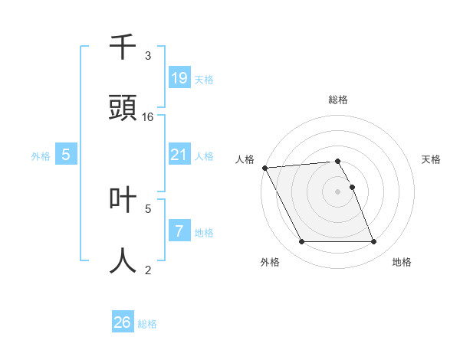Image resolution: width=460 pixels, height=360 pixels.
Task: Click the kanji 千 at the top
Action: point(123,47)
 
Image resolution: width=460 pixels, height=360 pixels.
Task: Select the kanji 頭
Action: point(123,108)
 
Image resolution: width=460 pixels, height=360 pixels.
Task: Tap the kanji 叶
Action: point(123,199)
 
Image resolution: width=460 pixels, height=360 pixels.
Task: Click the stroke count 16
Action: point(148,116)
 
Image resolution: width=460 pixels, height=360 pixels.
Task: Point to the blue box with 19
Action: point(179,78)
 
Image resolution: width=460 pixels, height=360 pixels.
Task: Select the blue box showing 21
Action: point(179,155)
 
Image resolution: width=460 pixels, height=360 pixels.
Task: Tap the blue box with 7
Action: point(179,231)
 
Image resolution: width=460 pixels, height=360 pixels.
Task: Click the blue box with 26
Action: point(122,322)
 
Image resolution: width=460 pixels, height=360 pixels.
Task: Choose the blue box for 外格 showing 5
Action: point(66,155)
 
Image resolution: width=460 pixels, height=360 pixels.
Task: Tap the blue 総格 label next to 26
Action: point(147,324)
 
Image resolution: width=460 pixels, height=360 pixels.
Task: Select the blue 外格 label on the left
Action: point(41,156)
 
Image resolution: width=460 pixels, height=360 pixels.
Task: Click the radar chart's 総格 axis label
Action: point(338,100)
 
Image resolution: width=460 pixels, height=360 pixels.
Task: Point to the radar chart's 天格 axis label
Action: point(432,159)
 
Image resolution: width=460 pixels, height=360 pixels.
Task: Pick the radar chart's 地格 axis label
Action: point(402,262)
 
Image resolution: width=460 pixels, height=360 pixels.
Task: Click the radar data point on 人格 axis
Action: point(264,168)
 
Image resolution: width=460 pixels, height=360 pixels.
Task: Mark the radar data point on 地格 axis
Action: point(373,242)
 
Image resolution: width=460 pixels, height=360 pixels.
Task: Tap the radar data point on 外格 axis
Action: point(301,242)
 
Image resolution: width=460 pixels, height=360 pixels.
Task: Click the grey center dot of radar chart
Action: point(337,191)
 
